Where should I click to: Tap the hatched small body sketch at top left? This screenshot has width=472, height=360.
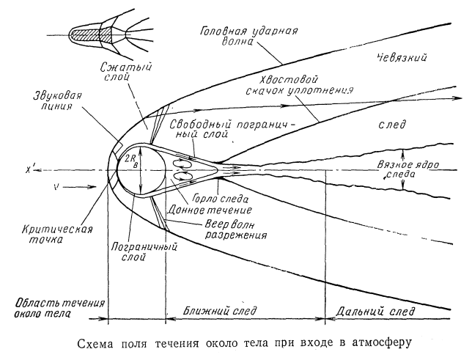pyautogui.click(x=92, y=34)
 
